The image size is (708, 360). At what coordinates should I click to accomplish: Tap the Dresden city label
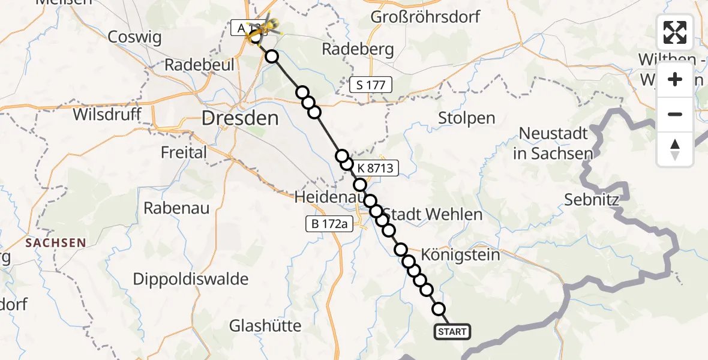point(241,118)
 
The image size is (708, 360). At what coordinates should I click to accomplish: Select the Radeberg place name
point(358,49)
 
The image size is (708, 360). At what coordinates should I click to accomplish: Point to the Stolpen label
point(466,118)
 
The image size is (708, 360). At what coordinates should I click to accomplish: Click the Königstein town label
point(461,255)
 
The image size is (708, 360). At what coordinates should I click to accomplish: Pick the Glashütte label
point(265,326)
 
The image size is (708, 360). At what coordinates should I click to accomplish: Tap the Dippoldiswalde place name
point(190,279)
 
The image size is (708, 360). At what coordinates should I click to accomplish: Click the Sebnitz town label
point(592,200)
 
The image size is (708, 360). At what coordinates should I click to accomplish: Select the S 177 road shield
point(371,85)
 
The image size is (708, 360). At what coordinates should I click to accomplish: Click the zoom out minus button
point(675,114)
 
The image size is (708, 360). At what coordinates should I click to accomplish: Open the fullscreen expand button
point(675,32)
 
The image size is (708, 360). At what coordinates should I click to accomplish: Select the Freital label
point(184,152)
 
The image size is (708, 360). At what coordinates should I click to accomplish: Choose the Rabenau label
point(176,208)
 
